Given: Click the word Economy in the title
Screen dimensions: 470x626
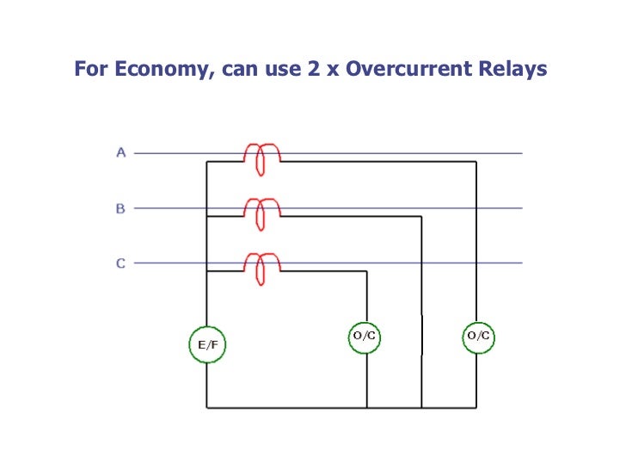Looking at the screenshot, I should coord(159,70).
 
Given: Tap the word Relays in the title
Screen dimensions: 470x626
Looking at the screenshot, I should coord(514,70).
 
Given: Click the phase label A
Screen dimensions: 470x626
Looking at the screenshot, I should coord(121,153).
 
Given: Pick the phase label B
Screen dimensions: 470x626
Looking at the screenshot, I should coord(121,208).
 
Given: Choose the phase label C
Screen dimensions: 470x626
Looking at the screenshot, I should coord(121,263).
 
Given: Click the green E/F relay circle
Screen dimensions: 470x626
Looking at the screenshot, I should coord(206,344).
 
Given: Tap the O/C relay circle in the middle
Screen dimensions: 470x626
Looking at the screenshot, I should coord(366,335).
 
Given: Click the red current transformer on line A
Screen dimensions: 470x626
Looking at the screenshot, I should coord(261,157).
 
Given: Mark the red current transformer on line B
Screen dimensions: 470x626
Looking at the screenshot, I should coord(261,212).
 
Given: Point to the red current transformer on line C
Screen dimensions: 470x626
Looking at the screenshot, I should coord(261,267).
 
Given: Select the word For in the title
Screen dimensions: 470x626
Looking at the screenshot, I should coord(89,70).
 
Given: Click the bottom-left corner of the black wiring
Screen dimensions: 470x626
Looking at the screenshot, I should coord(206,407).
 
